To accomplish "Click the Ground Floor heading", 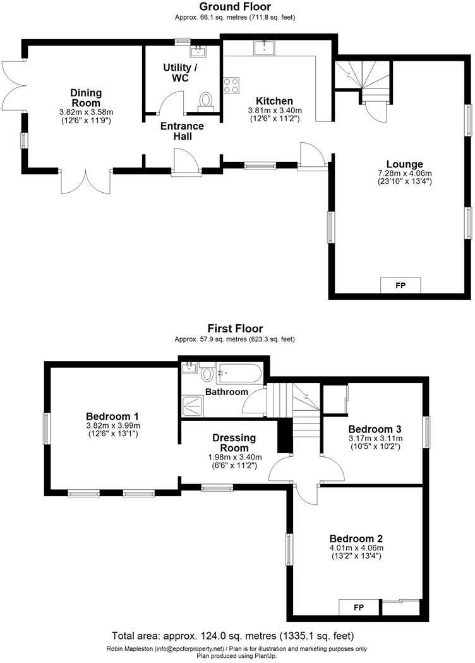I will tap(234, 7).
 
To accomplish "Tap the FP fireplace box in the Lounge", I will tap(400, 286).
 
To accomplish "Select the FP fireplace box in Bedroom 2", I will tap(358, 607).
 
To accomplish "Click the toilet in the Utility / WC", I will tap(206, 100).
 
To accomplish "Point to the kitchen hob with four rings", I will tap(231, 85).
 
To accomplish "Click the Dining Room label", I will tap(86, 98).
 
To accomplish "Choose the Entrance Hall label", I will tap(181, 131).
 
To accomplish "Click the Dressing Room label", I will tap(234, 442).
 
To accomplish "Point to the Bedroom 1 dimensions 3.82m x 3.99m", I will tap(112, 426).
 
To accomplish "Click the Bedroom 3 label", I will tap(375, 428).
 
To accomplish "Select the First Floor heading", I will tap(234, 329).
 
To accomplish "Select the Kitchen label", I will tap(274, 101).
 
